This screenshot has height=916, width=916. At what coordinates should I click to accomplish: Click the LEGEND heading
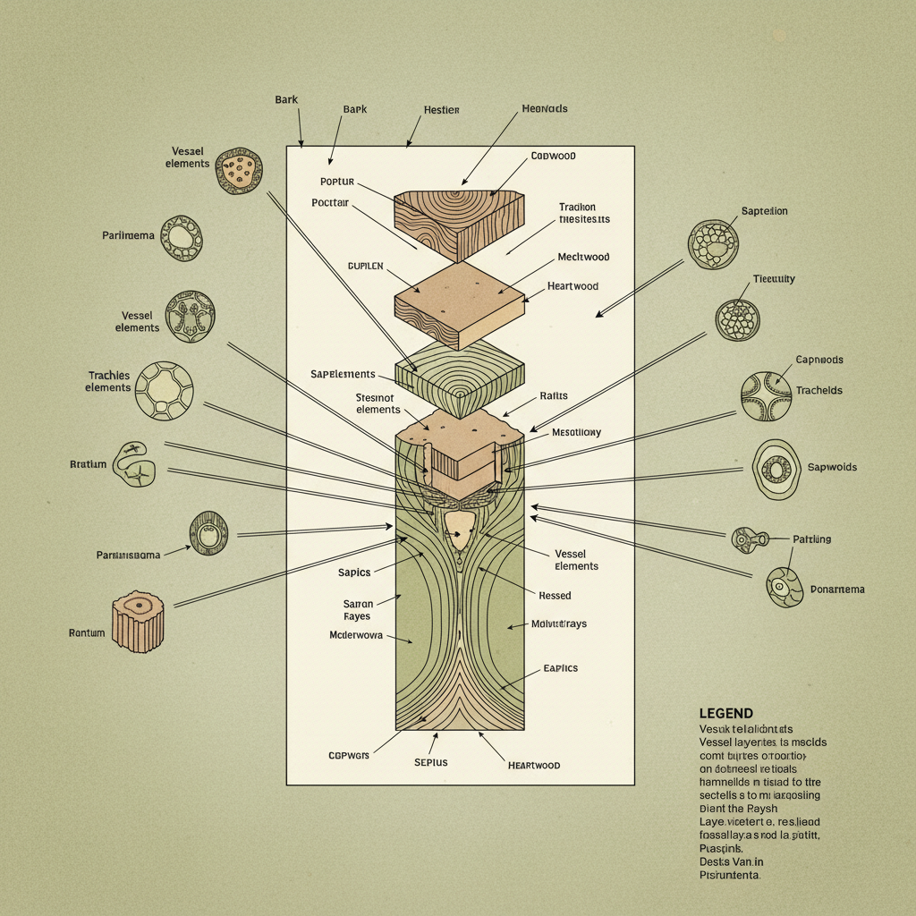pos(726,713)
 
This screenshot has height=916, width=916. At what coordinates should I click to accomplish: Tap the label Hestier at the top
pos(441,110)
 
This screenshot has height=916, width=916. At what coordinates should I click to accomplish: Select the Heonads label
pos(544,109)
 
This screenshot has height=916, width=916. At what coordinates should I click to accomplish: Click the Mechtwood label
pos(583,257)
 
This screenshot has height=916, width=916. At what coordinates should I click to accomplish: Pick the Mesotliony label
pos(576,432)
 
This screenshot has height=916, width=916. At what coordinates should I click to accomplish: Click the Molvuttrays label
pos(559,623)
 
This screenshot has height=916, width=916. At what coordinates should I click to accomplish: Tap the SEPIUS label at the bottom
pos(430,762)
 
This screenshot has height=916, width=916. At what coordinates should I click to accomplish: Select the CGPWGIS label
pos(350,755)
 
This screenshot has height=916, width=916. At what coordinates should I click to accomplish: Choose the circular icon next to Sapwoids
pos(776,469)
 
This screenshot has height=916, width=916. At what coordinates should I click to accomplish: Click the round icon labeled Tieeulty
pos(738,319)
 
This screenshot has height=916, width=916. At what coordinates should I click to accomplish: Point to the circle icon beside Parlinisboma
pos(208,534)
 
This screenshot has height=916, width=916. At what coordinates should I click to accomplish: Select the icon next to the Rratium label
pos(135,462)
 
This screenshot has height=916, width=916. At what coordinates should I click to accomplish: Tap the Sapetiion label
pos(764,211)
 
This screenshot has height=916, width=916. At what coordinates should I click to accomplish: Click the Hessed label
pos(555,595)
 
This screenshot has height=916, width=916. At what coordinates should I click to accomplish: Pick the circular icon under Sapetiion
pos(713,245)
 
